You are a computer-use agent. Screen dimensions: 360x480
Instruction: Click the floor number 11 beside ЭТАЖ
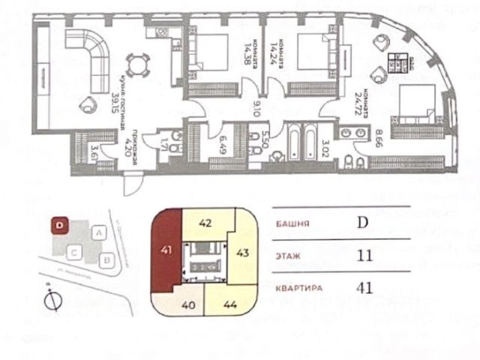[x=364, y=255]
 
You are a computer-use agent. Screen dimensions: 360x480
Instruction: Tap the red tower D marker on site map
[x=59, y=223]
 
